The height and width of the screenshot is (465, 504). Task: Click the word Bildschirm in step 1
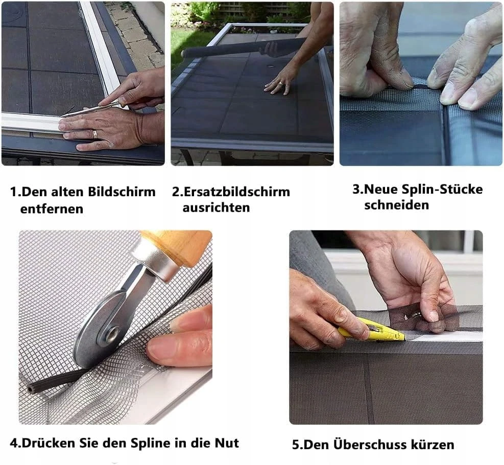(x=122, y=192)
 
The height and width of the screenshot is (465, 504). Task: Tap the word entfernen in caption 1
(x=52, y=208)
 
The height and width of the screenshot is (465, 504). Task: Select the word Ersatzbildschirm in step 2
(x=236, y=192)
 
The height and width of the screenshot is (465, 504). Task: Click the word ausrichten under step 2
(x=216, y=207)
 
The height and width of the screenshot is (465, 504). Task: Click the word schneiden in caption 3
(x=397, y=205)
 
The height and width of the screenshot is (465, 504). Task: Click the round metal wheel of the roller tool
(x=100, y=331)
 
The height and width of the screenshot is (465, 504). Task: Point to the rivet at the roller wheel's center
(x=111, y=335)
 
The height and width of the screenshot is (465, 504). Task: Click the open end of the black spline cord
(x=31, y=389)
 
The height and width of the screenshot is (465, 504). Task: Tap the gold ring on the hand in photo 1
(x=95, y=134)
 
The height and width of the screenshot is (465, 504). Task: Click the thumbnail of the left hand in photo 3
(x=406, y=81)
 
